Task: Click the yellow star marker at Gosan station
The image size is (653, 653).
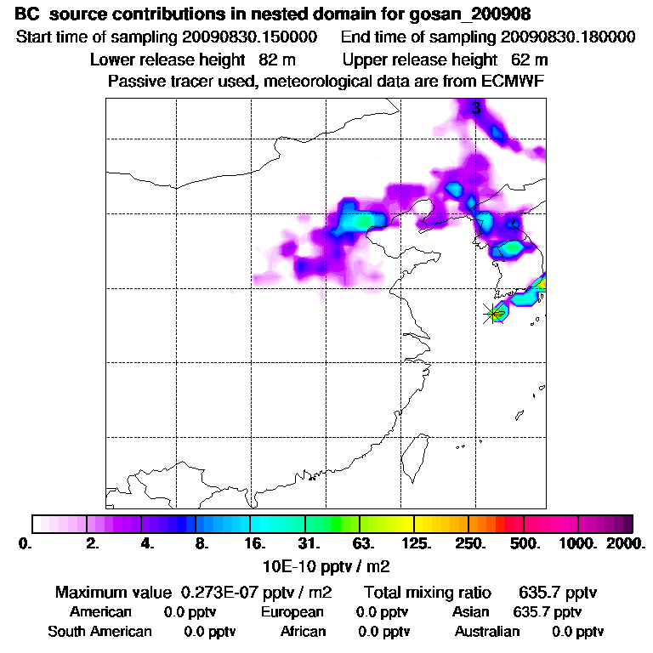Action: pyautogui.click(x=493, y=314)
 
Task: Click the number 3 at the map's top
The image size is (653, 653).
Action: pyautogui.click(x=476, y=108)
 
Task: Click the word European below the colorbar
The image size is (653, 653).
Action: pyautogui.click(x=292, y=612)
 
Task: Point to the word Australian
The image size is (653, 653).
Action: pyautogui.click(x=487, y=632)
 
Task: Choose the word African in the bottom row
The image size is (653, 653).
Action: pyautogui.click(x=303, y=632)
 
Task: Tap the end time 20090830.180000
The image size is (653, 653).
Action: pyautogui.click(x=568, y=37)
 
